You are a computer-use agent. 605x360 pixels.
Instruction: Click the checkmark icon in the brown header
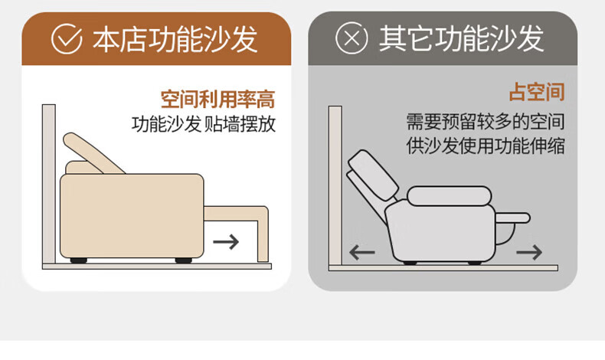tap(67, 39)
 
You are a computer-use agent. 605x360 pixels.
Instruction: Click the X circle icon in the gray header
tap(351, 38)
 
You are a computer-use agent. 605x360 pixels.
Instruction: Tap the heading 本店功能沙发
tap(175, 39)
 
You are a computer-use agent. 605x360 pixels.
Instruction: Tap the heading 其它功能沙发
tap(462, 38)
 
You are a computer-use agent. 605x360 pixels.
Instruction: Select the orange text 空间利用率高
tap(217, 99)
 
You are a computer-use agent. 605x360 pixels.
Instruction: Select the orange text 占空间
tap(537, 92)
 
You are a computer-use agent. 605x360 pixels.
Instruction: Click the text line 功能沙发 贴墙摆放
tap(204, 124)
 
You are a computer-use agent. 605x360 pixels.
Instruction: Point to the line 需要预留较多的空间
tap(486, 122)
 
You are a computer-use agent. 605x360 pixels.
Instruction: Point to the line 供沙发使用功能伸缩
tap(486, 146)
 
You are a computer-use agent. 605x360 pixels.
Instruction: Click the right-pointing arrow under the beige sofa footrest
tap(226, 242)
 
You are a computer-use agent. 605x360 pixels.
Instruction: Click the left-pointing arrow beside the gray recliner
tap(362, 253)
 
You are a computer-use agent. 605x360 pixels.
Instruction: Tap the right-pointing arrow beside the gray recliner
tap(529, 252)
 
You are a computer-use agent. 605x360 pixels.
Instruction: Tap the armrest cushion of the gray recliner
tap(449, 196)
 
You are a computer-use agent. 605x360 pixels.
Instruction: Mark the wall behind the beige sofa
tap(48, 184)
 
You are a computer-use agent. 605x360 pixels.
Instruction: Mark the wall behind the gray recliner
tap(335, 185)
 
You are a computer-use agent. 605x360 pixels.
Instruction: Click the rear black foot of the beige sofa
tap(78, 260)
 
